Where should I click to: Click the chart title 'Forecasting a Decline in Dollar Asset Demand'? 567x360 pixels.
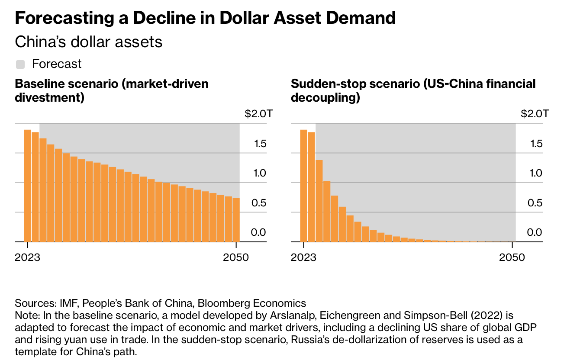(205, 18)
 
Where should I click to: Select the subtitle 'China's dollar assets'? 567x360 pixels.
(88, 42)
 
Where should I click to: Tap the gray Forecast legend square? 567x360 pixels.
(20, 64)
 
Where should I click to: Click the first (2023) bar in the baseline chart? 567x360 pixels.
(27, 186)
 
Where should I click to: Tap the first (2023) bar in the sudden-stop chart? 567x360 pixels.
(303, 186)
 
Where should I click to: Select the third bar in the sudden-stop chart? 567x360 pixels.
(319, 201)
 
